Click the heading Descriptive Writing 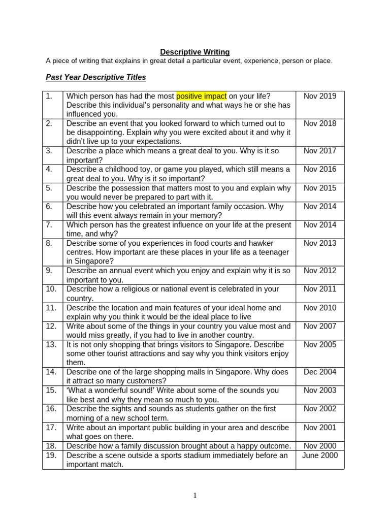pyautogui.click(x=195, y=52)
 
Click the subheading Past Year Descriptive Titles pyautogui.click(x=96, y=77)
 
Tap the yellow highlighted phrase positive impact pyautogui.click(x=202, y=96)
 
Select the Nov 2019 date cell pyautogui.click(x=320, y=96)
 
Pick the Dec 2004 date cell pyautogui.click(x=320, y=372)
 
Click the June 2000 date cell pyautogui.click(x=320, y=455)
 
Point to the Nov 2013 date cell pyautogui.click(x=320, y=243)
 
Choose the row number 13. pyautogui.click(x=51, y=344)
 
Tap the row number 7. pyautogui.click(x=49, y=224)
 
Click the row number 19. pyautogui.click(x=51, y=455)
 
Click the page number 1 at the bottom pyautogui.click(x=195, y=496)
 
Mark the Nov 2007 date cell pyautogui.click(x=320, y=326)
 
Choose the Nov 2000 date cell pyautogui.click(x=320, y=446)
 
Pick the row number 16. pyautogui.click(x=51, y=409)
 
